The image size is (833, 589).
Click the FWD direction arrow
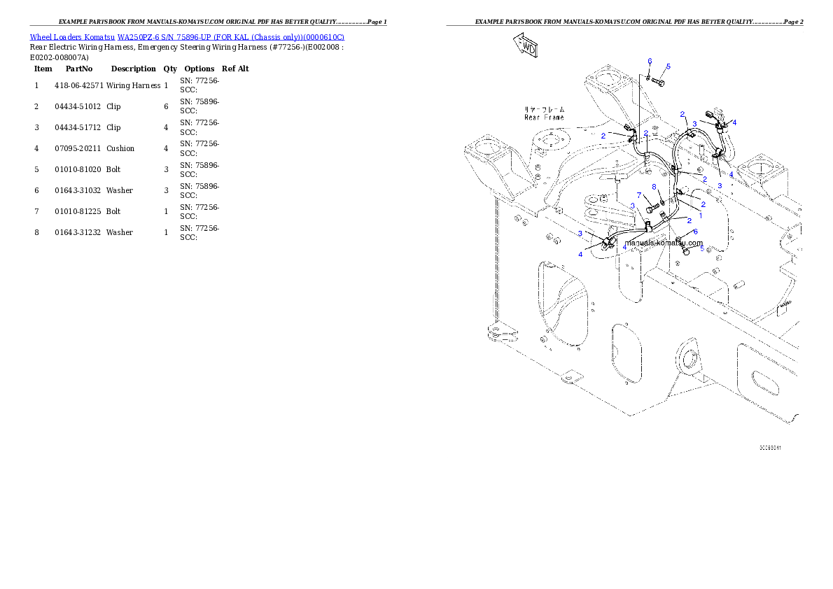[525, 46]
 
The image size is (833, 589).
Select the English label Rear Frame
[544, 118]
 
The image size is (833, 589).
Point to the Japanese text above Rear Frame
[544, 110]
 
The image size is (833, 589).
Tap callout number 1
[701, 215]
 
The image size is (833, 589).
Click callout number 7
[638, 195]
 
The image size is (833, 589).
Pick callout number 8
[654, 187]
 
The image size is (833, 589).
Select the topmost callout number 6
[650, 61]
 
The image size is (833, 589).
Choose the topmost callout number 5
[668, 66]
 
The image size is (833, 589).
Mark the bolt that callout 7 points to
[652, 208]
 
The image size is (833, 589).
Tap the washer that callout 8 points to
[662, 202]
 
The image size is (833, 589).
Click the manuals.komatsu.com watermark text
[663, 243]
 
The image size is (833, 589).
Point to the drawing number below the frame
[770, 447]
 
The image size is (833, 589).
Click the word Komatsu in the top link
[100, 36]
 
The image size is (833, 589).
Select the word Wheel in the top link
[41, 36]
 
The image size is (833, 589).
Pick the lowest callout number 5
[702, 248]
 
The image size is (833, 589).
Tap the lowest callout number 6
[695, 232]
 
